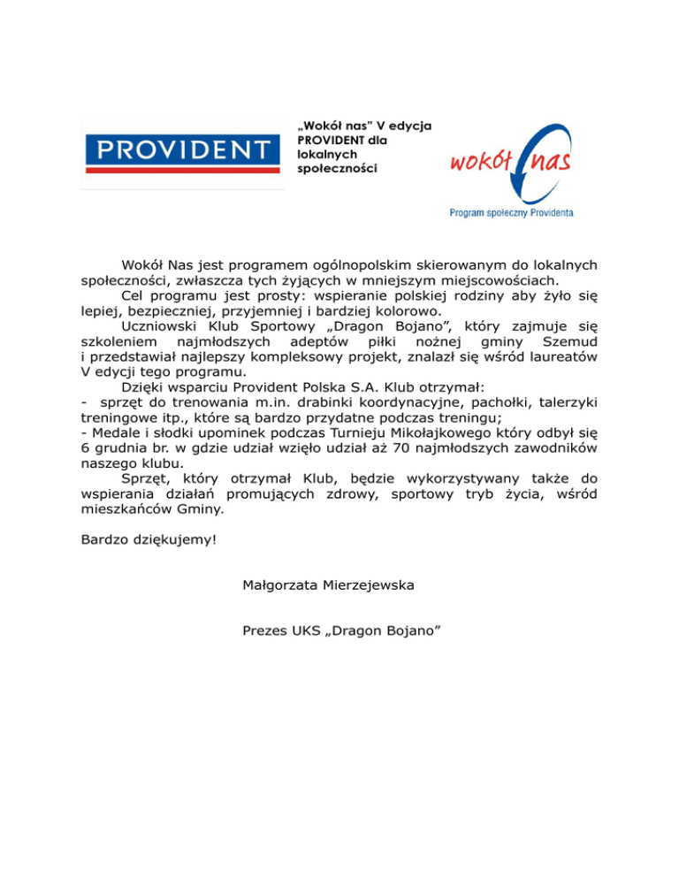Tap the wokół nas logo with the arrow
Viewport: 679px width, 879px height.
tap(511, 164)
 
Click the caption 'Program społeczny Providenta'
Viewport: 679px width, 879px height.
tap(511, 212)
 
